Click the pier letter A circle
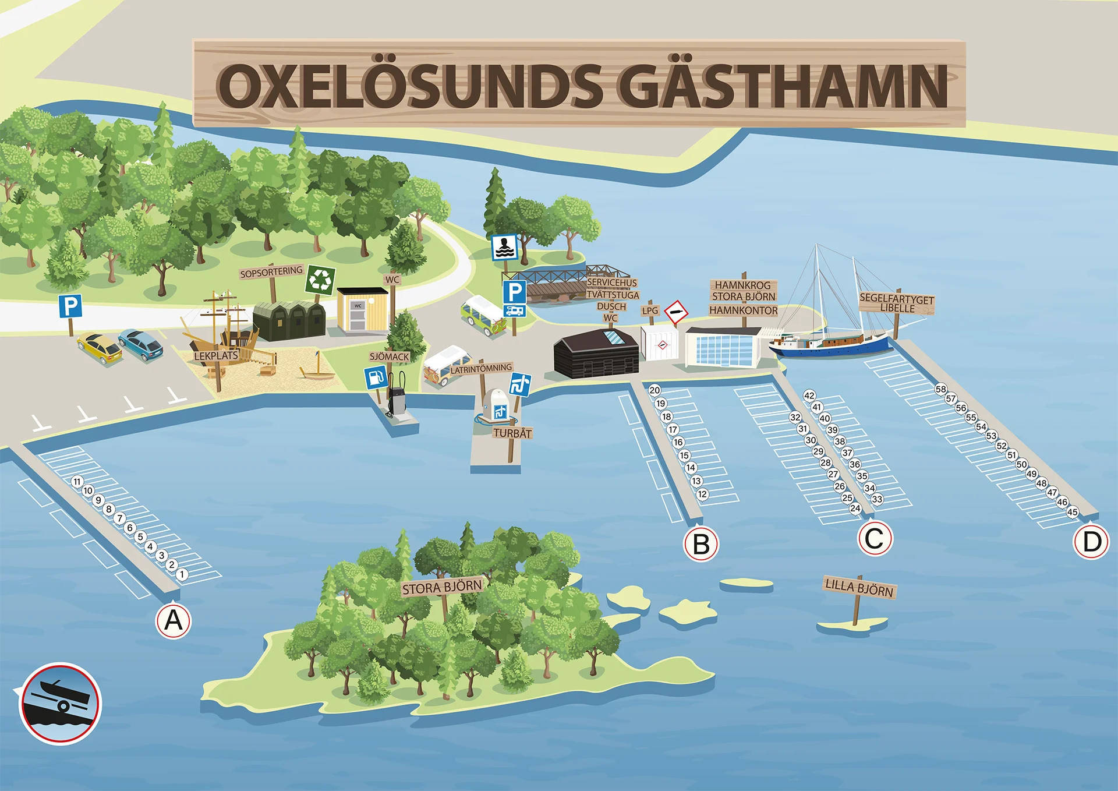[174, 621]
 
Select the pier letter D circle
[1091, 542]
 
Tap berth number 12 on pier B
[702, 495]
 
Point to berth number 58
[940, 389]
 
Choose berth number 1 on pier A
[182, 574]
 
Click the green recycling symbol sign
[320, 280]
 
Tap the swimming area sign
[504, 247]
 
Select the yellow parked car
[100, 347]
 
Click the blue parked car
[141, 344]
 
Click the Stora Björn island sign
[442, 587]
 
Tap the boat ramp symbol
[61, 704]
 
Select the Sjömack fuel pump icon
[376, 378]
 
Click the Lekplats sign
[216, 356]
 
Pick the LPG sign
[650, 311]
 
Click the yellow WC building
[362, 310]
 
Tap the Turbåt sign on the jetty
[512, 433]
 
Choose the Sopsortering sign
[271, 272]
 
